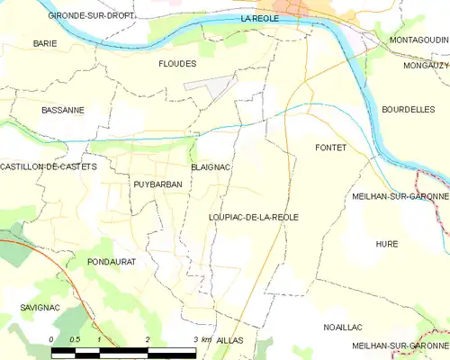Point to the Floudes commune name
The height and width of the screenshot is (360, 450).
(x=177, y=64)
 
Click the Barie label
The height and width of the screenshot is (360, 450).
(x=45, y=43)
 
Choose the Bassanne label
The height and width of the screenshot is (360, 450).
(x=63, y=110)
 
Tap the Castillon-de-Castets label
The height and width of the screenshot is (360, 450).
(x=48, y=167)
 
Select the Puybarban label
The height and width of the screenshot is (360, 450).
(x=157, y=184)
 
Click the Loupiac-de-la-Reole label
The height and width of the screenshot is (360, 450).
(x=253, y=217)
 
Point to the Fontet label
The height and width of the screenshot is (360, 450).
(x=330, y=147)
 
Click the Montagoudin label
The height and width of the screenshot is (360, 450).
(x=418, y=41)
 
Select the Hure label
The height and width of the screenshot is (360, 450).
(x=386, y=244)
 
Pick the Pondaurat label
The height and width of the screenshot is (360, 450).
(x=111, y=261)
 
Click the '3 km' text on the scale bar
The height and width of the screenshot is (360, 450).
(x=202, y=339)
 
